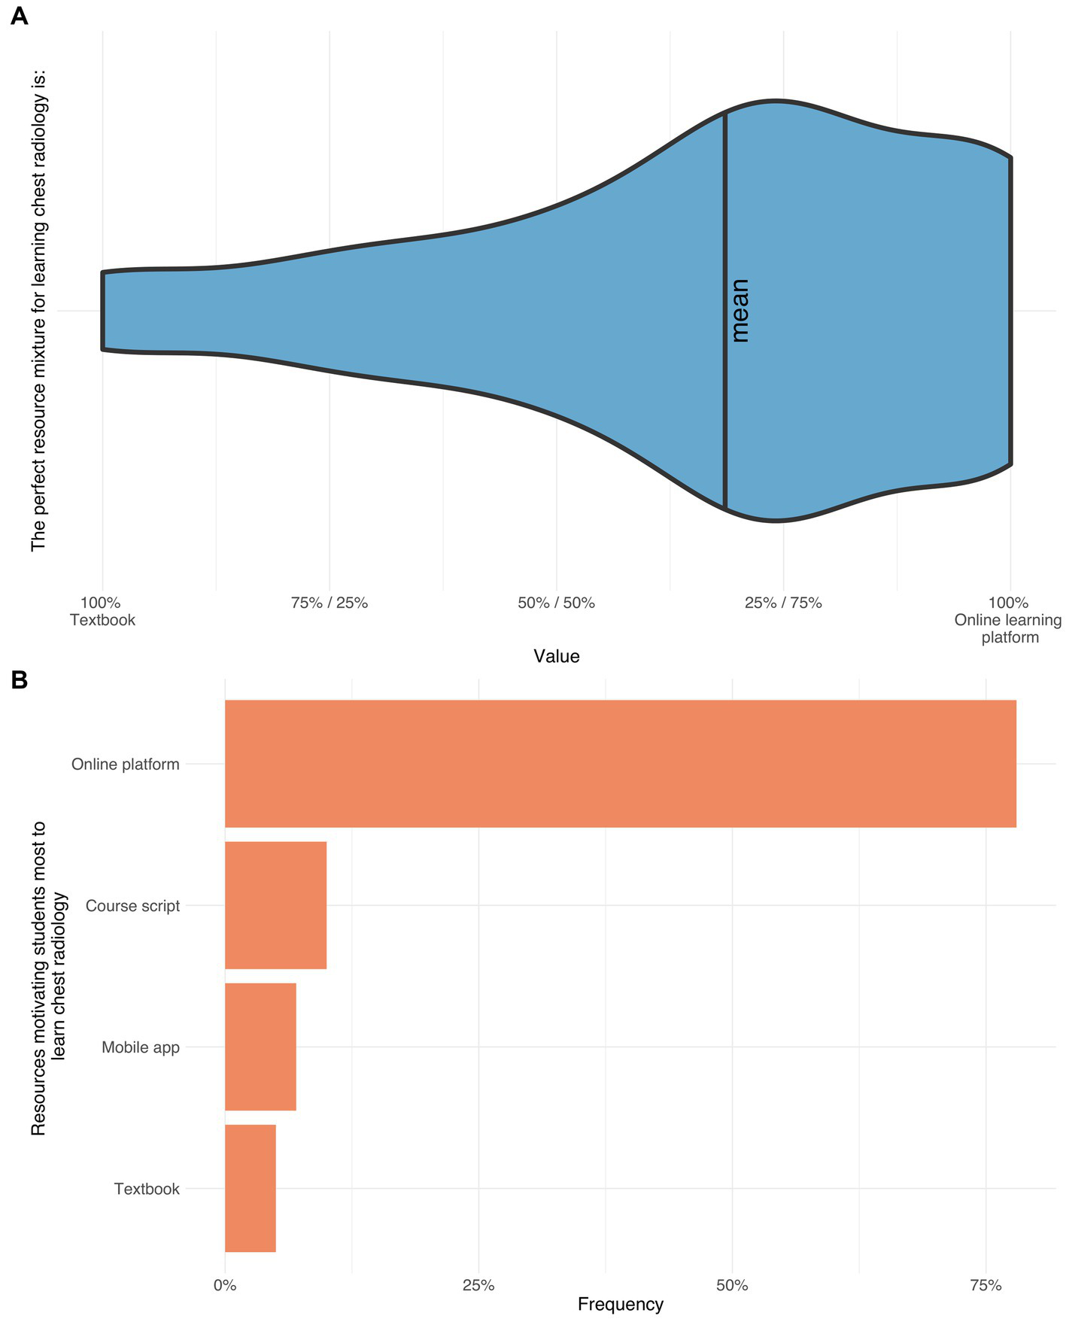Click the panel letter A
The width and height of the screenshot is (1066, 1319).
[x=19, y=16]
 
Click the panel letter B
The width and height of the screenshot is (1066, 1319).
[x=19, y=679]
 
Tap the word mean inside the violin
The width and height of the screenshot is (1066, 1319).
[x=740, y=311]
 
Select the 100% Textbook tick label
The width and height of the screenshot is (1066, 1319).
[x=102, y=611]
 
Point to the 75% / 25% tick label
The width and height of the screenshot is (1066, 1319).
[x=329, y=603]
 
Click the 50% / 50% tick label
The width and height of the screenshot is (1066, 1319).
[x=556, y=603]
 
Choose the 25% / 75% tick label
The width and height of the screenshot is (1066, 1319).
[x=783, y=603]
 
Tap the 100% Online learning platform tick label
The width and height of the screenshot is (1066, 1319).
[x=1008, y=619]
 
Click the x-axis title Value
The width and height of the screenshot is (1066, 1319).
[x=556, y=656]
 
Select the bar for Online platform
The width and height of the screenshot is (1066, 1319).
[x=620, y=764]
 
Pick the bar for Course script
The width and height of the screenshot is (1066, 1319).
[x=275, y=905]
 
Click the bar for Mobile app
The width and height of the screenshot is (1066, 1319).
[x=260, y=1047]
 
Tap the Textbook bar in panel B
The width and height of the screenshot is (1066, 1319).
[x=250, y=1188]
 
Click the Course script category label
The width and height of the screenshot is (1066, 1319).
[x=132, y=906]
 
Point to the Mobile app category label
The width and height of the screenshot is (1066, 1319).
[x=141, y=1047]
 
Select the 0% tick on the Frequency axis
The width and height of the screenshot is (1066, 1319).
[x=224, y=1285]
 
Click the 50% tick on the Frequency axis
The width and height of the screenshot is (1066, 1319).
[x=732, y=1285]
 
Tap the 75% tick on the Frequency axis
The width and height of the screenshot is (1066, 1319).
[x=986, y=1285]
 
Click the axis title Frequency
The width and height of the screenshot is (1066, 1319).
[x=620, y=1305]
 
